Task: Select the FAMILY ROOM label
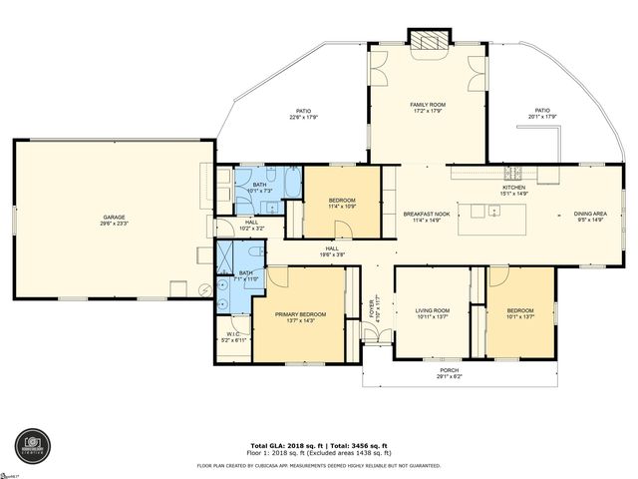click(428, 104)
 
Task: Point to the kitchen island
click(494, 212)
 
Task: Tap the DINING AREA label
click(589, 214)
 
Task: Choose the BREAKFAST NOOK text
click(428, 214)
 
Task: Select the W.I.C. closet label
click(232, 334)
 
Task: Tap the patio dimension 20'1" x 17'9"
click(542, 117)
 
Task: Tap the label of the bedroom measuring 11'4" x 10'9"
click(342, 201)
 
